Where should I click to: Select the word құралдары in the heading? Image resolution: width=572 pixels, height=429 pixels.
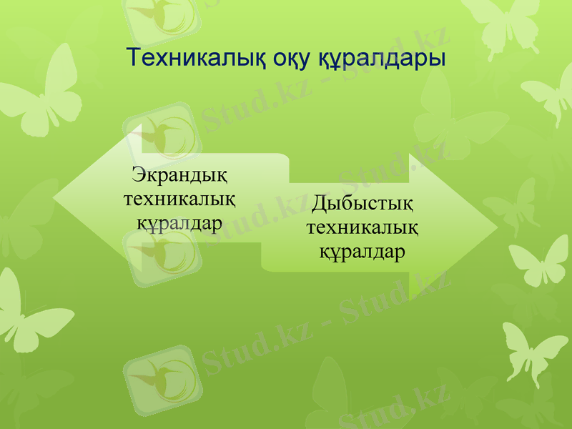[x=380, y=58]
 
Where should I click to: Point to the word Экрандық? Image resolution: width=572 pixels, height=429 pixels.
[x=181, y=174]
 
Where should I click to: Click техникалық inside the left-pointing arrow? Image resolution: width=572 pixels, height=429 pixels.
[x=181, y=198]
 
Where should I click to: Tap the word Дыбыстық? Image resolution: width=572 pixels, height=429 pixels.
[x=363, y=204]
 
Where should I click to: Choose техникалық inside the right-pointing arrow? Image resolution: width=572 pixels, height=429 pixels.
[x=363, y=228]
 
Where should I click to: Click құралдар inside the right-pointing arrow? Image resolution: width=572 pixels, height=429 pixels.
[x=363, y=252]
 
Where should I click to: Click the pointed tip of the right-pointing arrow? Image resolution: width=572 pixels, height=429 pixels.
[x=496, y=229]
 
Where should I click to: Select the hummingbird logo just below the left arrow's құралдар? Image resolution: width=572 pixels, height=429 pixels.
[x=161, y=254]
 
